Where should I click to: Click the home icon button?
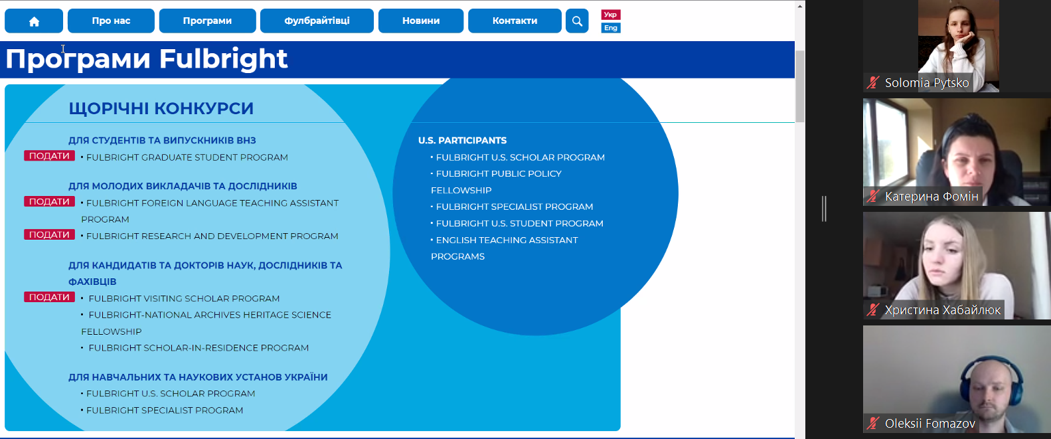pyautogui.click(x=34, y=21)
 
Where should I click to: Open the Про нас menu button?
pyautogui.click(x=111, y=21)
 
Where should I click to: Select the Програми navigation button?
pyautogui.click(x=207, y=21)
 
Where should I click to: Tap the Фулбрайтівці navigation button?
pyautogui.click(x=317, y=21)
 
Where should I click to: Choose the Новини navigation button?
pyautogui.click(x=421, y=21)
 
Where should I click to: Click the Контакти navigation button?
pyautogui.click(x=515, y=21)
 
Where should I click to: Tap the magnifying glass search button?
pyautogui.click(x=577, y=21)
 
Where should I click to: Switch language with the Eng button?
pyautogui.click(x=611, y=28)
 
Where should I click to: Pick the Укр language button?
pyautogui.click(x=611, y=15)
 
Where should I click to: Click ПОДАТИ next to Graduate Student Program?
pyautogui.click(x=49, y=156)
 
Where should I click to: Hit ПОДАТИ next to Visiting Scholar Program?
pyautogui.click(x=49, y=298)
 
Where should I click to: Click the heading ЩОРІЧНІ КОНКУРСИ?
pyautogui.click(x=161, y=108)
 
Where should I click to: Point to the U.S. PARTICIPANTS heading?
pyautogui.click(x=462, y=140)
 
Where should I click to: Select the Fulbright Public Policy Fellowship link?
pyautogui.click(x=497, y=182)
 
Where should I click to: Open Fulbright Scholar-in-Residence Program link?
pyautogui.click(x=199, y=348)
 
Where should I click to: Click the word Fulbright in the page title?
pyautogui.click(x=223, y=59)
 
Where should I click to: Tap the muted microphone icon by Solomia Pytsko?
pyautogui.click(x=872, y=82)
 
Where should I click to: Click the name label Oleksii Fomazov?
pyautogui.click(x=930, y=424)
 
